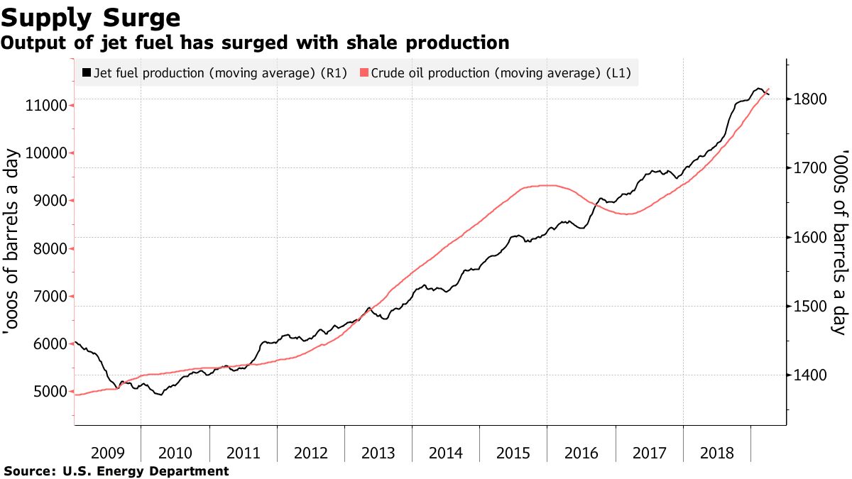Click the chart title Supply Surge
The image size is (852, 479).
[90, 16]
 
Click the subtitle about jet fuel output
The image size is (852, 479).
[255, 43]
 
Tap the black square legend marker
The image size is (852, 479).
[87, 72]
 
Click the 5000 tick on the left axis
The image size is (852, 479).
[47, 392]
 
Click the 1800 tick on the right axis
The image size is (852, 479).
[810, 99]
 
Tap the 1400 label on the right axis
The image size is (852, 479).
[810, 375]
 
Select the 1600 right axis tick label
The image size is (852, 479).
[810, 237]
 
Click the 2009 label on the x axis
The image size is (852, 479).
[108, 453]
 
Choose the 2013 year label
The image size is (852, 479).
[378, 453]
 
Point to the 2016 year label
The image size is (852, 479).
[581, 453]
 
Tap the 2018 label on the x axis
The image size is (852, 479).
[716, 453]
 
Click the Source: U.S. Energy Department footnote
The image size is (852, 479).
[116, 471]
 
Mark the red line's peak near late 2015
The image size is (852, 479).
[547, 185]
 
